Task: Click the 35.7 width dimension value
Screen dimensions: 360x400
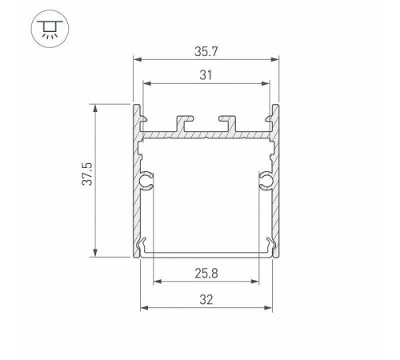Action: pos(204,50)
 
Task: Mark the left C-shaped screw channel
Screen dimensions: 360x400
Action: pos(146,182)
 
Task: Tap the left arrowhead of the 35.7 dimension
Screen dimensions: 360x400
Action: pos(137,58)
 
